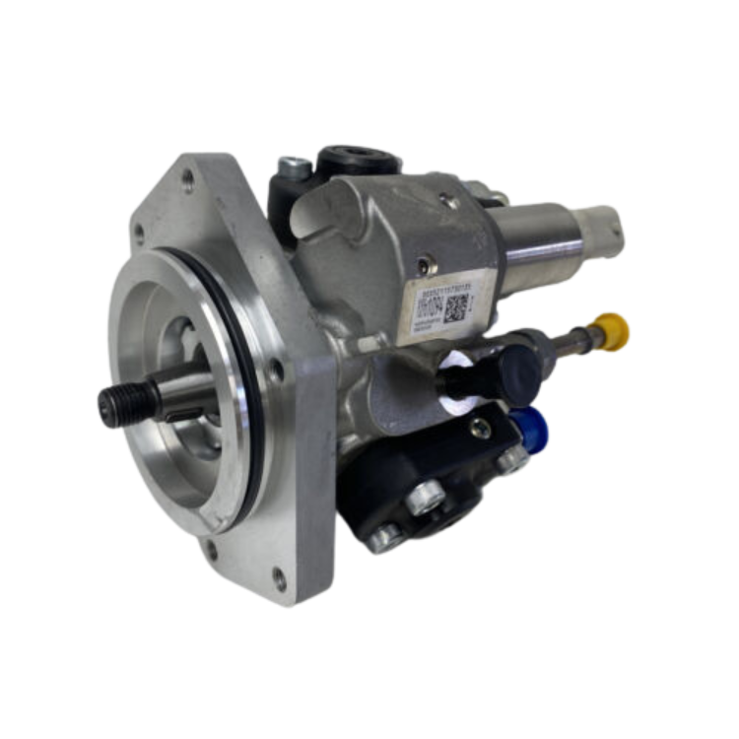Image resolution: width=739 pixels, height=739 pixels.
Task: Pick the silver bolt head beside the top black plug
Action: click(x=291, y=168)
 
